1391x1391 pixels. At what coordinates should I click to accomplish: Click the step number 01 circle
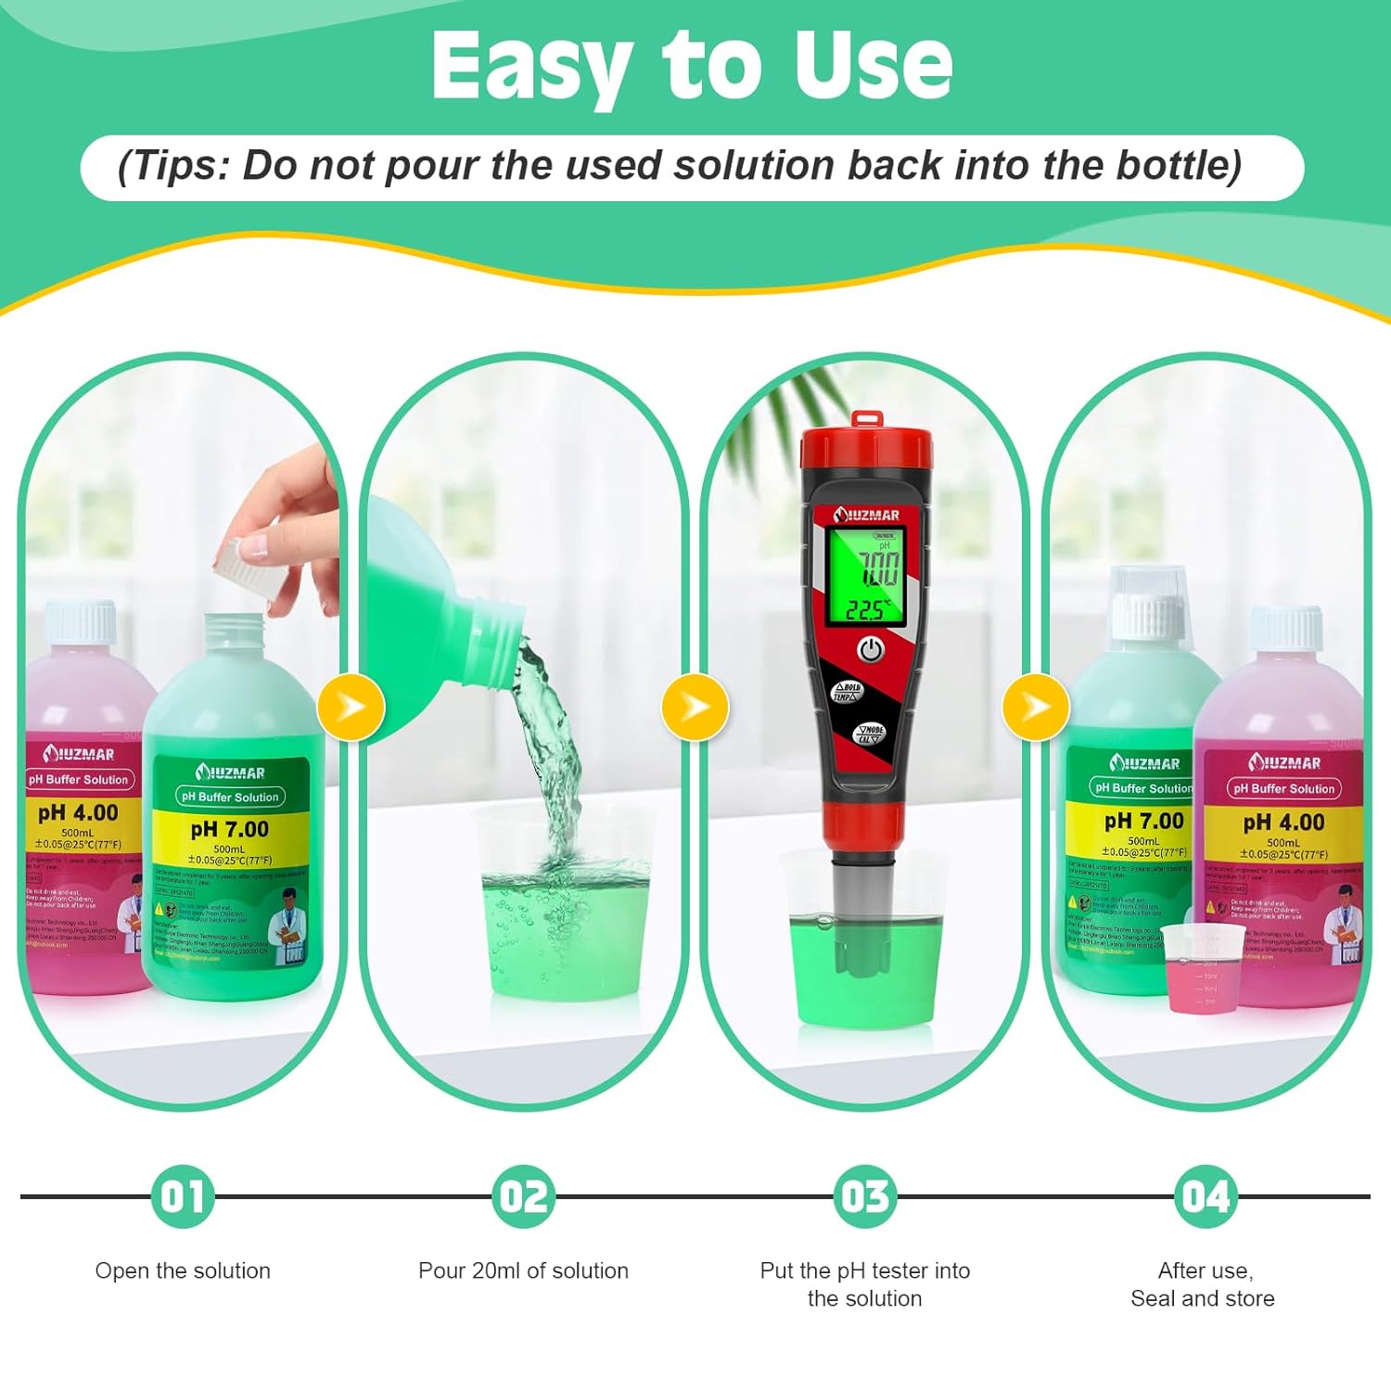183,1196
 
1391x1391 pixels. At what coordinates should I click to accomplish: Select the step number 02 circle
524,1196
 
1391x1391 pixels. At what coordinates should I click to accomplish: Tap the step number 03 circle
864,1196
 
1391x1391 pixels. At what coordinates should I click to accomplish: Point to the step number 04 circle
1205,1196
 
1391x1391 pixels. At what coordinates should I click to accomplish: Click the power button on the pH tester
870,650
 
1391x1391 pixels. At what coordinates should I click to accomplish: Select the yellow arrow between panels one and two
351,708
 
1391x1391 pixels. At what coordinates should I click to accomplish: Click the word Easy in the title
530,67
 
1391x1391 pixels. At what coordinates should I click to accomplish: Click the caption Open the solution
183,1270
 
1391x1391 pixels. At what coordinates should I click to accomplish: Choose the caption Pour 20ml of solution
523,1270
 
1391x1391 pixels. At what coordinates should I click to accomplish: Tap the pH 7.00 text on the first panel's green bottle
229,829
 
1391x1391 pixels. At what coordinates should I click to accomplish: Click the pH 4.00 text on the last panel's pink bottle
1283,823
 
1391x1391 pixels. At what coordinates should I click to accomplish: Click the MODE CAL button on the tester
870,734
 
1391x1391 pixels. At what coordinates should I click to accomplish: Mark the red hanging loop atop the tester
864,419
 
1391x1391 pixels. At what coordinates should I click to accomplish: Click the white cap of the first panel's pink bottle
82,623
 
